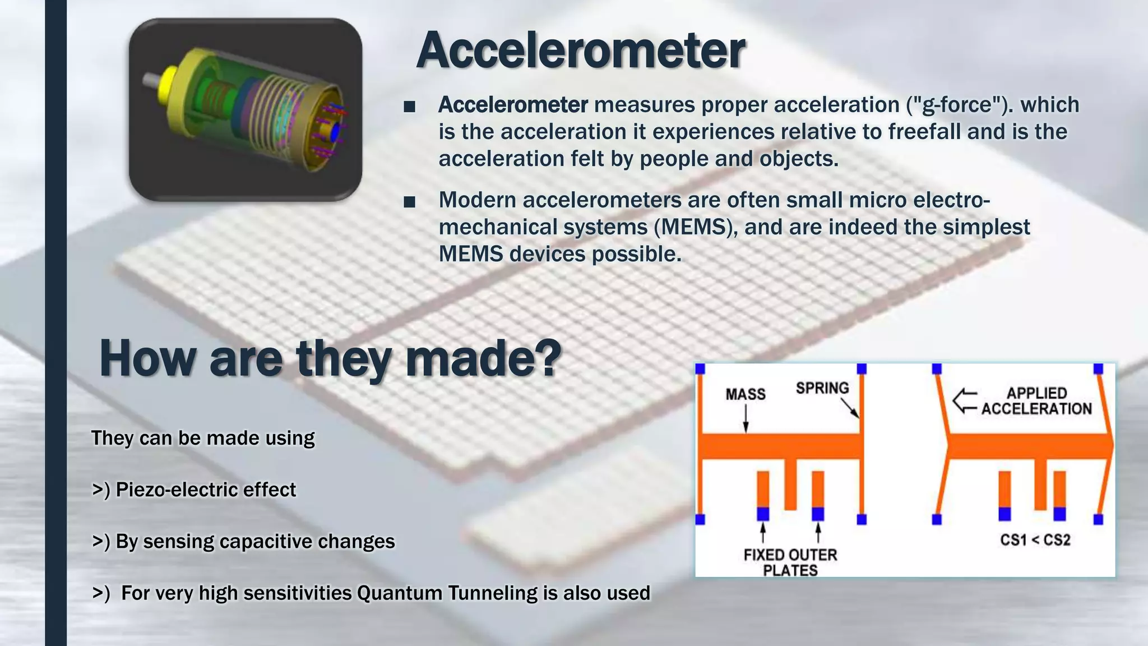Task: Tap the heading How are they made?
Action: click(330, 359)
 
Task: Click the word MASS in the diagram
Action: click(745, 394)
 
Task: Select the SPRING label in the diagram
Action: click(822, 388)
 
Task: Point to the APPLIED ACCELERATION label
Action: click(1036, 401)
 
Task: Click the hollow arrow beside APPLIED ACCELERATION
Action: click(965, 401)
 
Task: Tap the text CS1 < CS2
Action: click(1035, 540)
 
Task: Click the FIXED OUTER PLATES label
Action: click(790, 562)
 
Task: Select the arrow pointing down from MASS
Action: click(746, 419)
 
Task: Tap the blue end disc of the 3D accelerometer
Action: click(335, 132)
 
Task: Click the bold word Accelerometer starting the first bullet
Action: click(512, 105)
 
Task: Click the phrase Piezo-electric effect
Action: click(205, 490)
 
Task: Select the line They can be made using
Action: click(202, 438)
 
